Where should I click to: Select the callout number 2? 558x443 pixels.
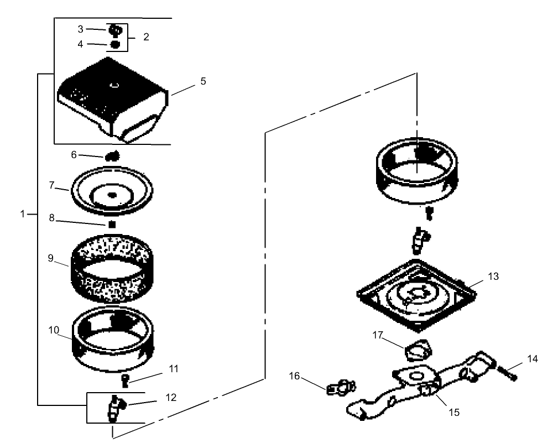click(146, 37)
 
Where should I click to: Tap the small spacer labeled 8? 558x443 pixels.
click(112, 224)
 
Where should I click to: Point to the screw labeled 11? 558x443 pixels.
click(125, 380)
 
